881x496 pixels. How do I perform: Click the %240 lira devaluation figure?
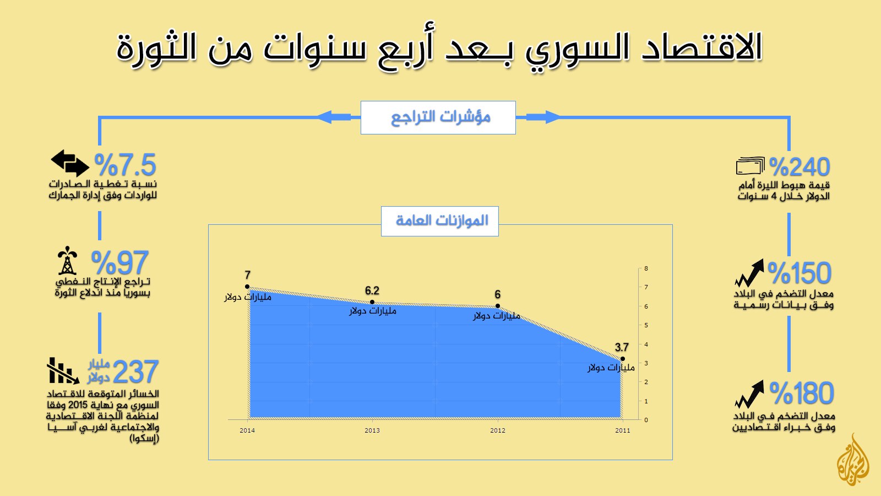[800, 167]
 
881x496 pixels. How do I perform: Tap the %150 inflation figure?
[800, 272]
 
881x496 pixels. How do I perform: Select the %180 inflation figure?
[802, 393]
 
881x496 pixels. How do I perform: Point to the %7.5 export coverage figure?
[125, 165]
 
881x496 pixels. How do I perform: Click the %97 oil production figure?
[119, 262]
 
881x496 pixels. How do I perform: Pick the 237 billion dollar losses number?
[135, 371]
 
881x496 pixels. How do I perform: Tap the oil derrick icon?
[67, 261]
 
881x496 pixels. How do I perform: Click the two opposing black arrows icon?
[70, 163]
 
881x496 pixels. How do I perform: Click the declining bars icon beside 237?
[63, 371]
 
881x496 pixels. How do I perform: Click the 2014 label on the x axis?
[247, 430]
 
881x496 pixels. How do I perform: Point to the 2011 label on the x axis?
[623, 430]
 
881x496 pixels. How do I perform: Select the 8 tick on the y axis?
[646, 268]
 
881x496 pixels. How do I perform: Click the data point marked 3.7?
[623, 359]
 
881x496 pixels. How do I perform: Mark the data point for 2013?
[372, 302]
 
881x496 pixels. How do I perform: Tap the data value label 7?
[247, 275]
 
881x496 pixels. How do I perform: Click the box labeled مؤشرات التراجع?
[438, 118]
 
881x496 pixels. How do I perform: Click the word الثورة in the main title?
[156, 48]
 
